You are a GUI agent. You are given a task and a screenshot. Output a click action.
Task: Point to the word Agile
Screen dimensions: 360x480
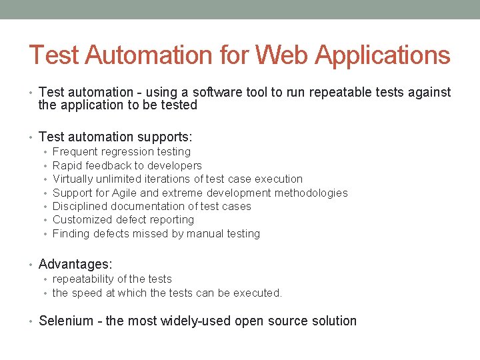coord(125,193)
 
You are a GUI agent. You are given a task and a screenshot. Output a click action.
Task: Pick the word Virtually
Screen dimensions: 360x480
coord(73,179)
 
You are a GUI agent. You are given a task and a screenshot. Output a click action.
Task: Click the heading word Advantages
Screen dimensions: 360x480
coord(75,265)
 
